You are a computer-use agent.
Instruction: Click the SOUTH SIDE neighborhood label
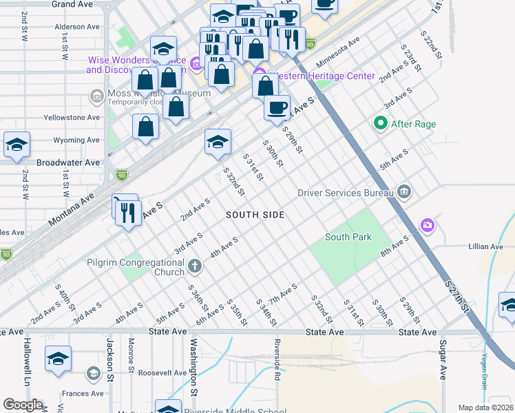tap(255, 215)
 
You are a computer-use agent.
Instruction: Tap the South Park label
tap(348, 237)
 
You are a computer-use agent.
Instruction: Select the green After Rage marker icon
tap(379, 124)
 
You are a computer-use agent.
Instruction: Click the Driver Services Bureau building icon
tap(404, 192)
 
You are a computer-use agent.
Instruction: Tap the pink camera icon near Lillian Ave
tap(428, 225)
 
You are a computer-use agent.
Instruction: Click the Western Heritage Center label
tap(322, 76)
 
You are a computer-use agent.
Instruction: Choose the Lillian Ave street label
tap(486, 246)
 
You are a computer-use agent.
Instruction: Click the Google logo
tap(23, 405)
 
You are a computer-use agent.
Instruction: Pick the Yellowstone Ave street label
tap(72, 118)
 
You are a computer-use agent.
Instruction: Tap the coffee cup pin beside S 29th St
tap(277, 109)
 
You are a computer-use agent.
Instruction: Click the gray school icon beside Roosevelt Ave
tap(92, 374)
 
